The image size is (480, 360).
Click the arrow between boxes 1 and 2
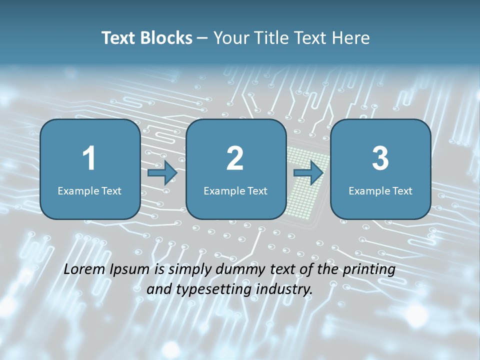point(162,173)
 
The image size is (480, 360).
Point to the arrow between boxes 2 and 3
point(308,173)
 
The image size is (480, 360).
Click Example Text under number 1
point(89,190)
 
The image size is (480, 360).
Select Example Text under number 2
point(235,190)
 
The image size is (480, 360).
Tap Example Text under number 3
point(380,190)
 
